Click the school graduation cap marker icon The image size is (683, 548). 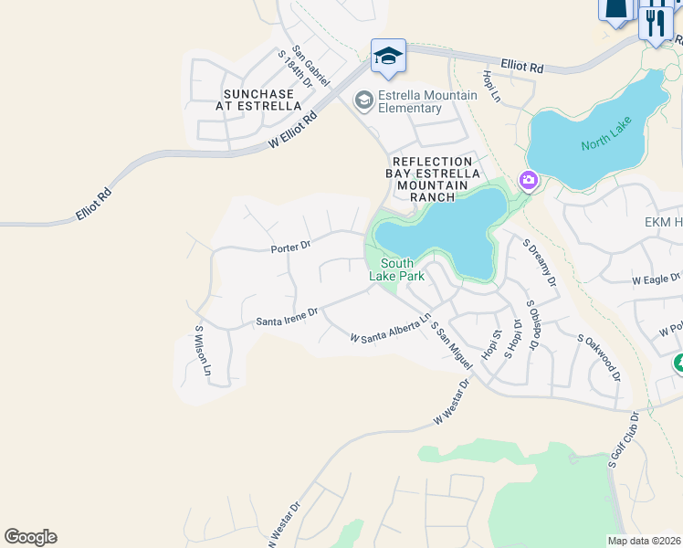388,57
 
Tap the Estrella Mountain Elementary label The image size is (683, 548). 428,102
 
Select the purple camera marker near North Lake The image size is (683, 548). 529,181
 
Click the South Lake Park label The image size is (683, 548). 391,269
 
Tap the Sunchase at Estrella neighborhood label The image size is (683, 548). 258,100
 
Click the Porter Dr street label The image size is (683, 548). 290,246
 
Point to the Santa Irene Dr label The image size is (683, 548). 287,317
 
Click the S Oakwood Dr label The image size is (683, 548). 600,356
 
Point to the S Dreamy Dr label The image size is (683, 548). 540,263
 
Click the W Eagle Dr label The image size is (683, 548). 657,279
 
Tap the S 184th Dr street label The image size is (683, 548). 295,69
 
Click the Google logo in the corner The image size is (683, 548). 30,537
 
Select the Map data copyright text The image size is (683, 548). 645,541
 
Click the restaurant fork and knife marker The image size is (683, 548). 655,19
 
